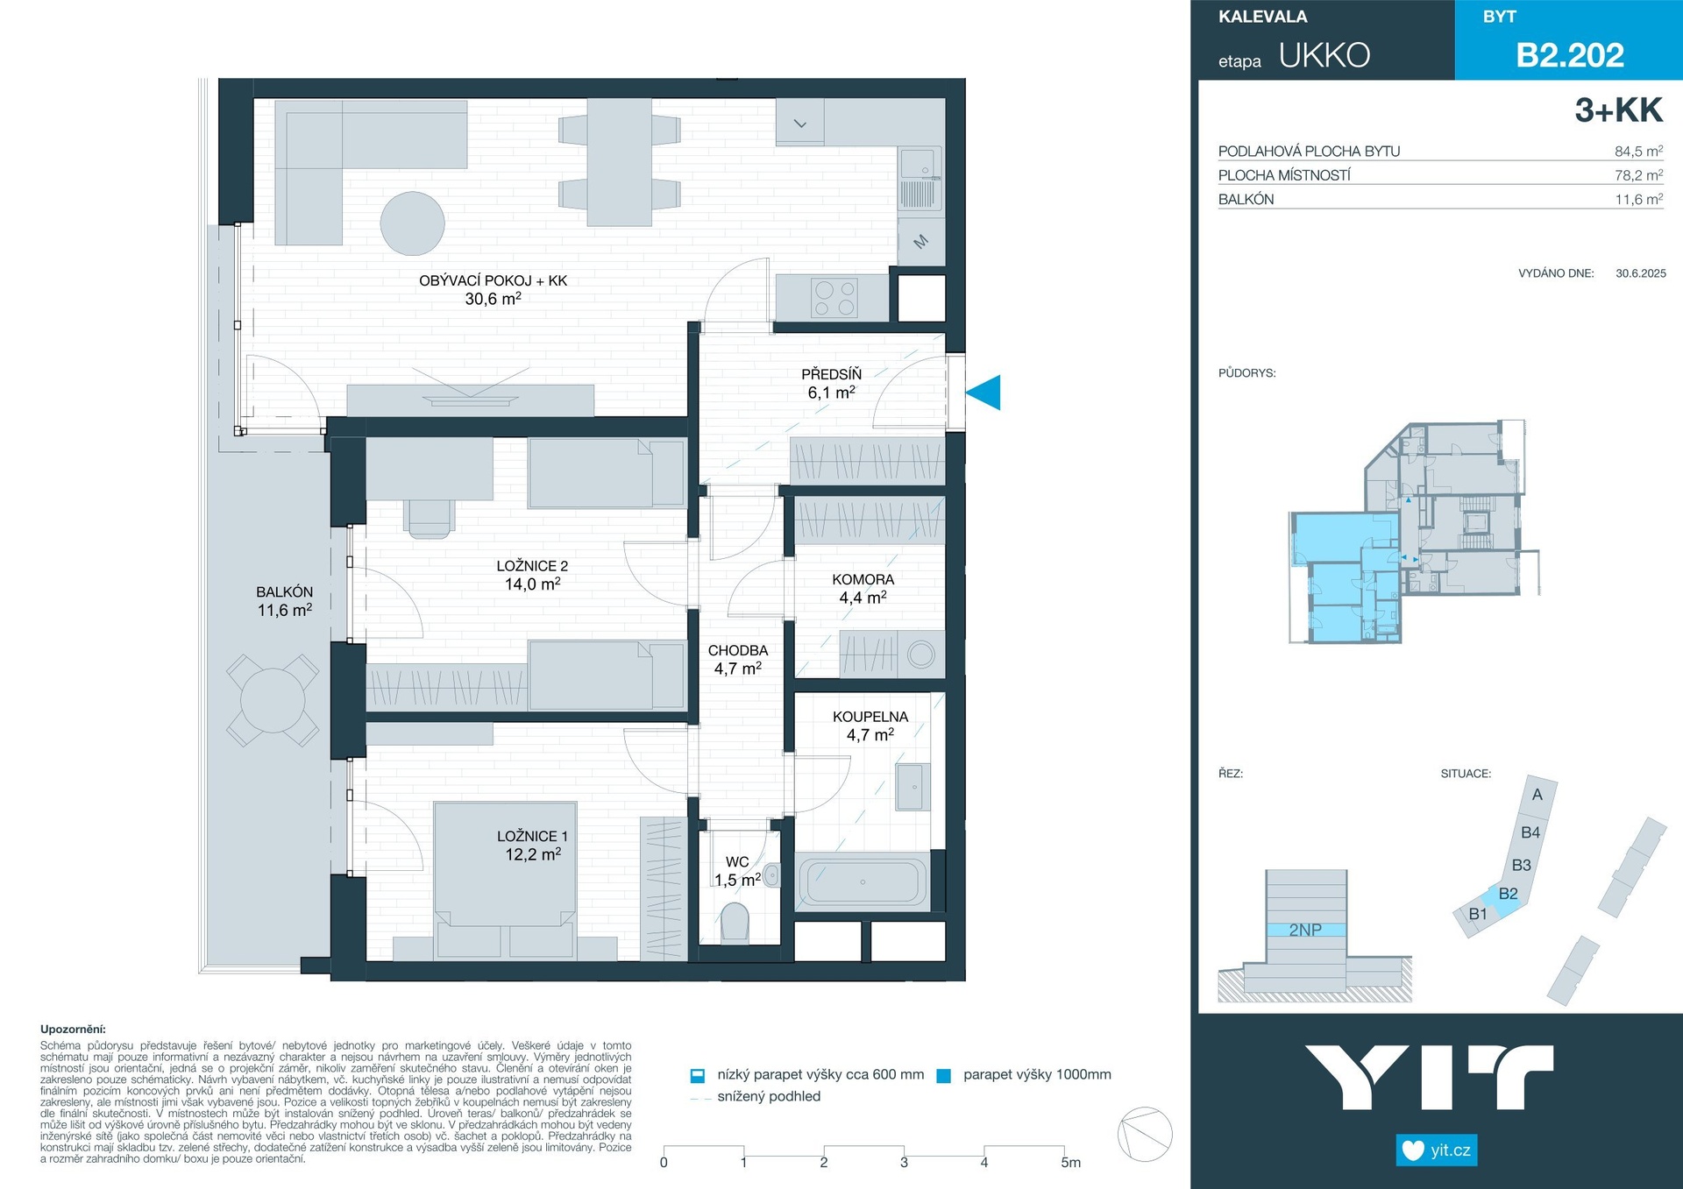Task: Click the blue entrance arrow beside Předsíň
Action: [984, 392]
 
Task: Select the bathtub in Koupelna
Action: [863, 882]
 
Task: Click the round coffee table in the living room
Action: [412, 223]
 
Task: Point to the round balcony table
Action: [273, 700]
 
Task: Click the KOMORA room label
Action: [863, 579]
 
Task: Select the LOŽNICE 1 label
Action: [532, 836]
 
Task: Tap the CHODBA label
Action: [738, 650]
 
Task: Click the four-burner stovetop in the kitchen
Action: [834, 298]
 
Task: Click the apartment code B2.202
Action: [1570, 55]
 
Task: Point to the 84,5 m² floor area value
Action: [1638, 151]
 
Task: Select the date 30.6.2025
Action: [1641, 273]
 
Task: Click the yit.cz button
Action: [1436, 1150]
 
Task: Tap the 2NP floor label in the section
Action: [1305, 930]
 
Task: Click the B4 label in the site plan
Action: [1530, 832]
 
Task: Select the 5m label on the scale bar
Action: [1070, 1163]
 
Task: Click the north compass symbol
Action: [1145, 1135]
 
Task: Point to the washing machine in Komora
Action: [920, 655]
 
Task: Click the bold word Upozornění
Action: [73, 1030]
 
